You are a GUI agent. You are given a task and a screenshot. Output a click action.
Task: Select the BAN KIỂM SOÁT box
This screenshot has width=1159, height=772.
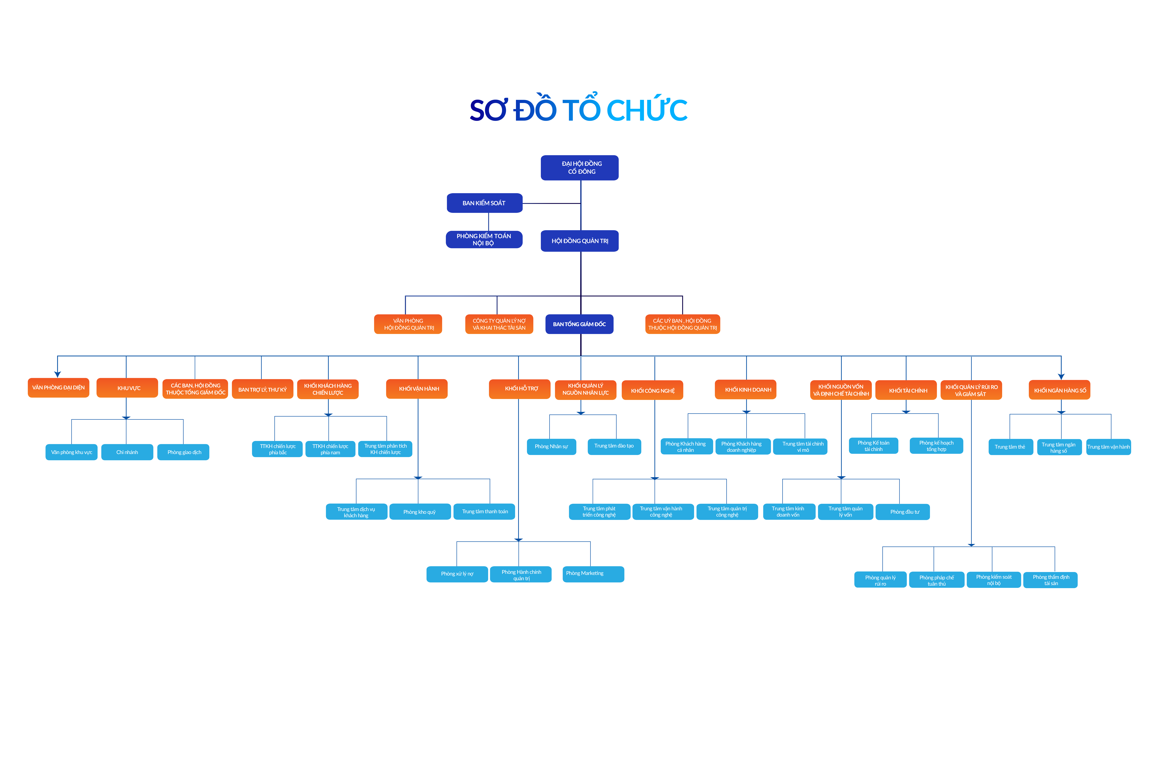(484, 203)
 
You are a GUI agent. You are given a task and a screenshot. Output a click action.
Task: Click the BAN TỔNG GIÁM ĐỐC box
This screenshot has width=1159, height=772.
(579, 324)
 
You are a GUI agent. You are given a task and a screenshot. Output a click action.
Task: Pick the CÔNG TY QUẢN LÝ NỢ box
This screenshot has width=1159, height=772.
(499, 324)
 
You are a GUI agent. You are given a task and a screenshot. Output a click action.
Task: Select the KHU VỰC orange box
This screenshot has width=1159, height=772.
(127, 388)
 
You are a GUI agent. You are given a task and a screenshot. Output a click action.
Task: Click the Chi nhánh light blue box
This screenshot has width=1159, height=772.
(127, 452)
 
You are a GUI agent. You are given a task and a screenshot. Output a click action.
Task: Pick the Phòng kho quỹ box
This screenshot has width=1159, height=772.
(420, 512)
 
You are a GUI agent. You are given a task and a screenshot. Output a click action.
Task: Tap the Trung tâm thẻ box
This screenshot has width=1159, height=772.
(1010, 447)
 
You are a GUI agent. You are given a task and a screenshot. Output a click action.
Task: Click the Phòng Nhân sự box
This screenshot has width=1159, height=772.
(551, 447)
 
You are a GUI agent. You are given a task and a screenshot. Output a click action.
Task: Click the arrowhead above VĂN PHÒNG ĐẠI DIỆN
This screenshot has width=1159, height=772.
(58, 374)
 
